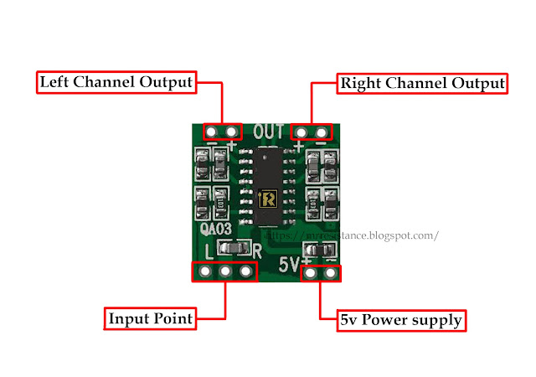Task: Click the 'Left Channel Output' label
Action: coord(116,83)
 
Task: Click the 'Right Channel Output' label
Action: coord(421,83)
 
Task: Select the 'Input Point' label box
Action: coord(151,318)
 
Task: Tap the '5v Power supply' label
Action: coord(401,319)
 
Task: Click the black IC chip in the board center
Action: coord(268,180)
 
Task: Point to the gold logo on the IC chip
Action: coord(269,199)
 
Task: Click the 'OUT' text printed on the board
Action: coord(269,132)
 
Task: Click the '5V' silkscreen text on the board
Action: coord(291,263)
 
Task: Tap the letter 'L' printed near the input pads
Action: coord(209,250)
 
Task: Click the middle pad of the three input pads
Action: coord(225,272)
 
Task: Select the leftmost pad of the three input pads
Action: coord(204,272)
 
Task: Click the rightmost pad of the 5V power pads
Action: coord(331,273)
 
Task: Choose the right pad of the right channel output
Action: coord(321,132)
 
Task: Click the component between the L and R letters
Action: coord(234,248)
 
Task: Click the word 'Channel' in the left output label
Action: coord(108,83)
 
